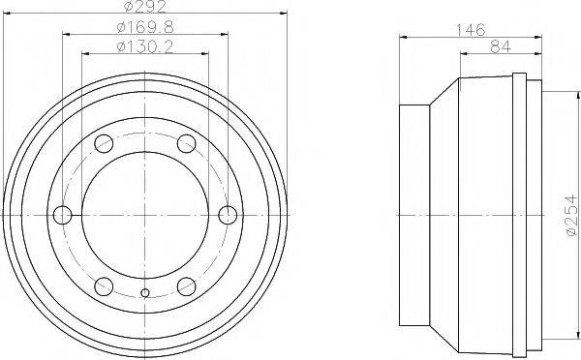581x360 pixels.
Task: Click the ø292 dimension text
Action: click(144, 9)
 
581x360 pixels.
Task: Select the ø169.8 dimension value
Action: click(144, 26)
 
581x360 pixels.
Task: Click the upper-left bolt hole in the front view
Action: click(104, 146)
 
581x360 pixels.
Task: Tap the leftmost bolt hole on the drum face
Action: click(63, 215)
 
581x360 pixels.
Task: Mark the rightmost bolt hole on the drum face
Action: click(228, 215)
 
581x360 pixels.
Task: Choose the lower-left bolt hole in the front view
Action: click(104, 285)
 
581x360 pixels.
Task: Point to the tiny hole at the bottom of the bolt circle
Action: click(145, 293)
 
